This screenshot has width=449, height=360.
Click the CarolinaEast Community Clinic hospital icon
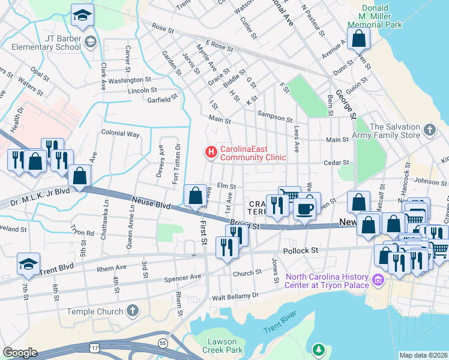211,153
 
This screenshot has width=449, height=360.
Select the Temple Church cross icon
133,311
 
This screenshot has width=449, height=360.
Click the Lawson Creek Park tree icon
319,349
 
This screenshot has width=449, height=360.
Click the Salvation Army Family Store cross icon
429,130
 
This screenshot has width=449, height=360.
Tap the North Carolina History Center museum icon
378,280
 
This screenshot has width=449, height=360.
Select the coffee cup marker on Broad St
304,209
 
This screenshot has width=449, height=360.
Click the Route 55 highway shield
163,343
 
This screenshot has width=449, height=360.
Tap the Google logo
20,352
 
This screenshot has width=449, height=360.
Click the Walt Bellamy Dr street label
239,296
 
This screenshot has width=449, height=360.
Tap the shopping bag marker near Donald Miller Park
358,39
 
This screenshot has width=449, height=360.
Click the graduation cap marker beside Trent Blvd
28,263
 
